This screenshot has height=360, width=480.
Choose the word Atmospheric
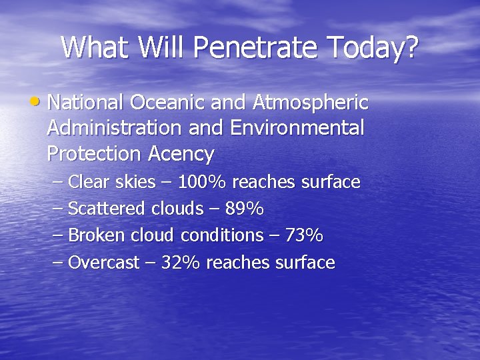point(311,103)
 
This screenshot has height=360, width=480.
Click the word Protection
point(93,154)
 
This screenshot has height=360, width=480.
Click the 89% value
point(245,209)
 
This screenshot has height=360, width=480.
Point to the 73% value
point(303,235)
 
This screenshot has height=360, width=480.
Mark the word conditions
point(221,235)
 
